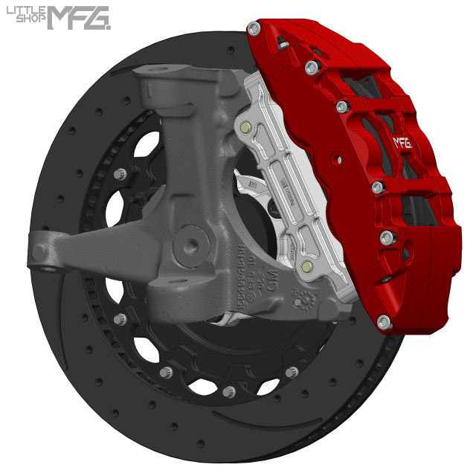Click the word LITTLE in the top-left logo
click(x=25, y=11)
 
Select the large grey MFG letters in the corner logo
click(x=78, y=17)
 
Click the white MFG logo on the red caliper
click(x=402, y=143)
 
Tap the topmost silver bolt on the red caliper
click(x=254, y=28)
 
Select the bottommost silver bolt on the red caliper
click(x=383, y=322)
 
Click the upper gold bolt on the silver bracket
click(x=245, y=127)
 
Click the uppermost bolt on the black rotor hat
click(x=119, y=174)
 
